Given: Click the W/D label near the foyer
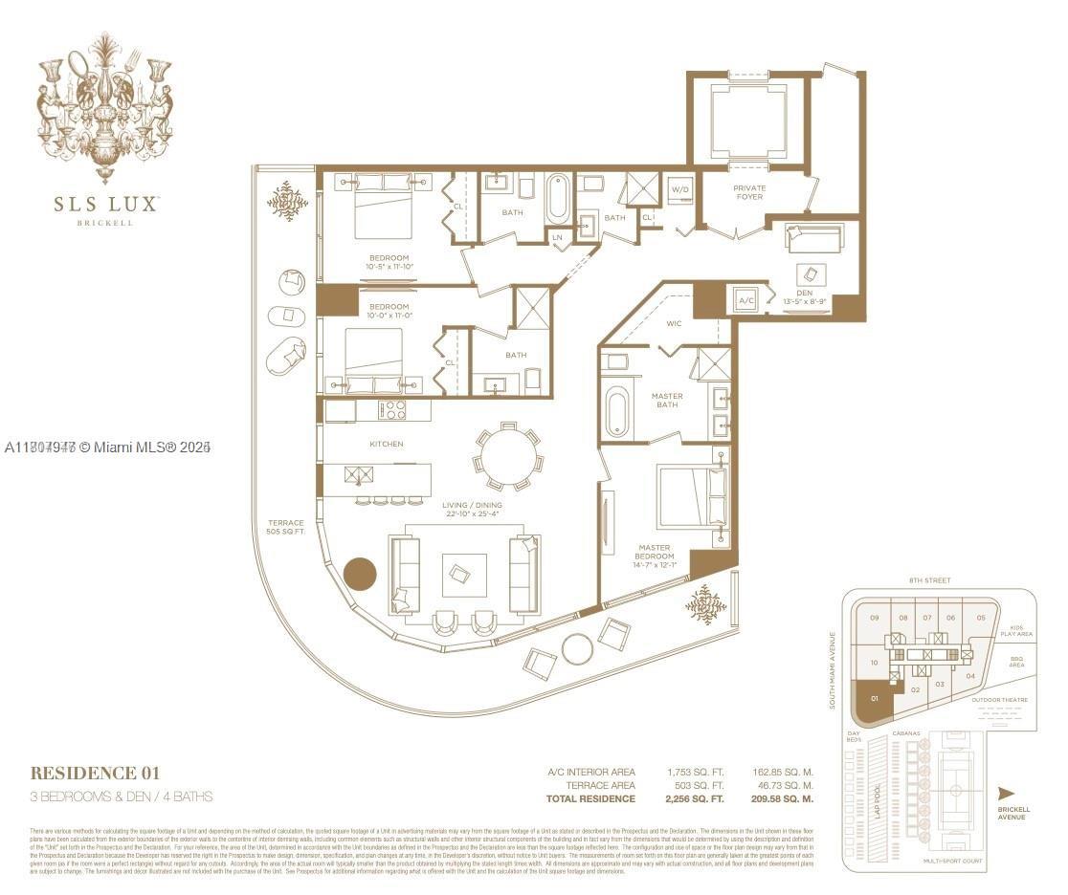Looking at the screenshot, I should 680,189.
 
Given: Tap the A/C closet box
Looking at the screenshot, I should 745,300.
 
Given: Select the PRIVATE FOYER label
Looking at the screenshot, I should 749,192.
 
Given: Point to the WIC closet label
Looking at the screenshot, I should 674,323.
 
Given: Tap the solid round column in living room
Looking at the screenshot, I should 360,575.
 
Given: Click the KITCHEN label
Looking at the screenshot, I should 387,444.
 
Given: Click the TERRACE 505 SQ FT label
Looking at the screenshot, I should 285,528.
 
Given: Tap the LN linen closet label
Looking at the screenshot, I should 557,237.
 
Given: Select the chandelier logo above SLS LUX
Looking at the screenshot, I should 105,105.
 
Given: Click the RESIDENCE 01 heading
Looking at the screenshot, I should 95,773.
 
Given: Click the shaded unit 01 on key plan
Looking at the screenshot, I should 873,705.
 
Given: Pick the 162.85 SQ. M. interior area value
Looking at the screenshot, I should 783,771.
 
